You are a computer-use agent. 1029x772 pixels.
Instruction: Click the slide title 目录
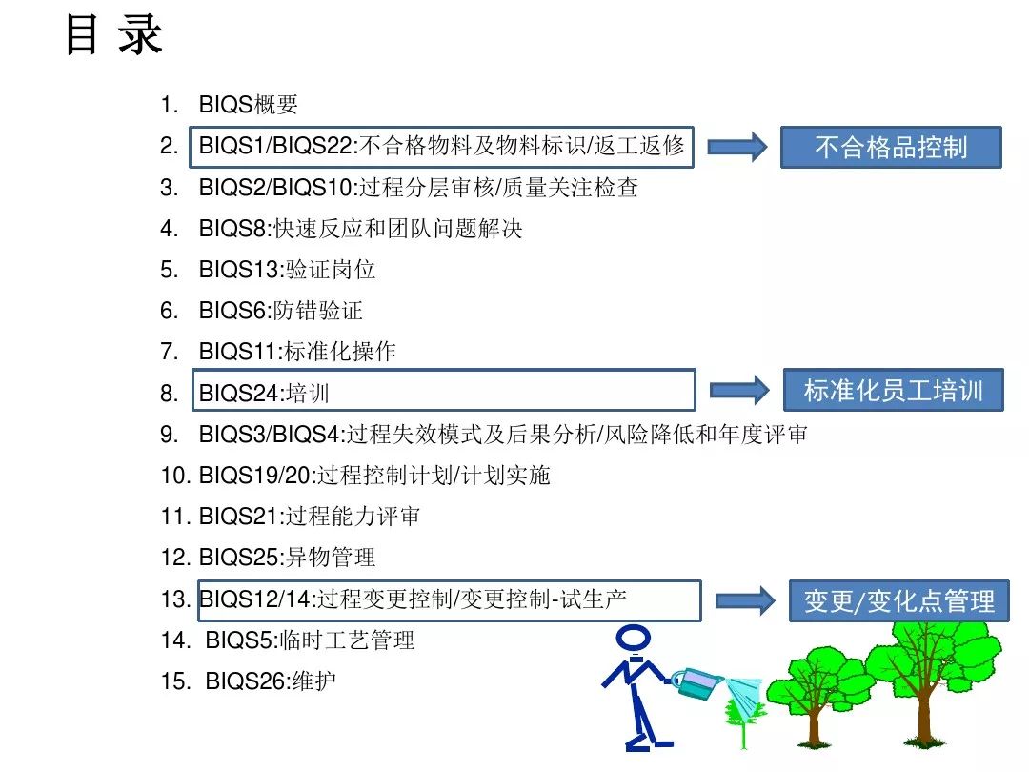[114, 35]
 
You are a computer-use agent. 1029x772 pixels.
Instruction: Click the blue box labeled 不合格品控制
[891, 147]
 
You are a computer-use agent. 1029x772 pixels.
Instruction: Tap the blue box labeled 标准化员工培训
[893, 390]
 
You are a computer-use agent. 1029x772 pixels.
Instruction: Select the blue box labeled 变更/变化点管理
[898, 600]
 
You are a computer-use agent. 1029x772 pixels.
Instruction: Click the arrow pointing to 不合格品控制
[736, 147]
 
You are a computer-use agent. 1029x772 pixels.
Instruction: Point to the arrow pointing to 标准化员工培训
[739, 391]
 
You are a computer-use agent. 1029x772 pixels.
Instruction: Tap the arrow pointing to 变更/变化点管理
[745, 600]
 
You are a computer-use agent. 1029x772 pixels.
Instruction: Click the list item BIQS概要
[248, 105]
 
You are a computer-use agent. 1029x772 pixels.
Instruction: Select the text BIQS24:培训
[264, 393]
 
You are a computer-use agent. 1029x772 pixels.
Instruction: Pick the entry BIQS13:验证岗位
[287, 269]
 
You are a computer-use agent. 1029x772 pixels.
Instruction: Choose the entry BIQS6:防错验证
[280, 310]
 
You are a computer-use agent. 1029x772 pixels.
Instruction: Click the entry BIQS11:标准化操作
[297, 351]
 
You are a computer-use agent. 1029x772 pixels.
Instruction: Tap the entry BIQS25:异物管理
[287, 558]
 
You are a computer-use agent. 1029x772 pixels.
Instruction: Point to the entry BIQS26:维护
[271, 681]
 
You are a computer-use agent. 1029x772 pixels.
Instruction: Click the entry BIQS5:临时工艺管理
[310, 640]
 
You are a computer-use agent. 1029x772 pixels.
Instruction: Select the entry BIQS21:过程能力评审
[309, 516]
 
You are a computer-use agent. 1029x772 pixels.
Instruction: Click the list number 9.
[169, 434]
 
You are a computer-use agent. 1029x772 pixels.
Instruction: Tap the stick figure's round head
[634, 638]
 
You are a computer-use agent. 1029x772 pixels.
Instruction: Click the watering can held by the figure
[697, 682]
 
